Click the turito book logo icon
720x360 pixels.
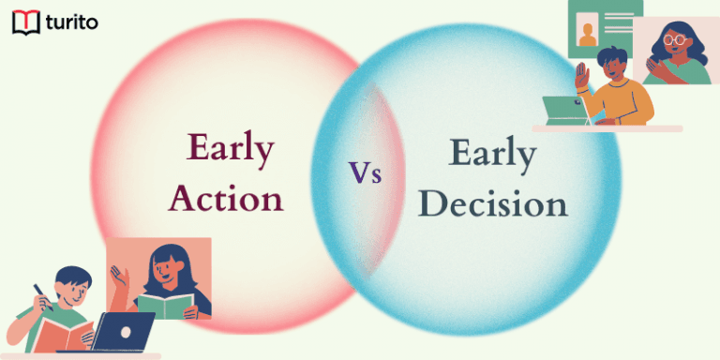click(25, 22)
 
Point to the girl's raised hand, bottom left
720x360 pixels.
click(116, 276)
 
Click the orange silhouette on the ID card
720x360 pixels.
click(588, 36)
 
